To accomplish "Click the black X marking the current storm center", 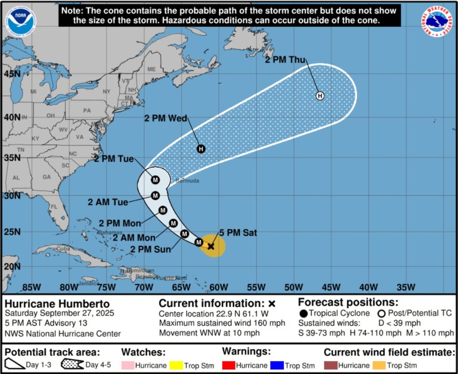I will [211, 246].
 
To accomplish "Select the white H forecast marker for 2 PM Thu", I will [320, 96].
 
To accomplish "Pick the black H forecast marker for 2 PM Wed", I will [201, 149].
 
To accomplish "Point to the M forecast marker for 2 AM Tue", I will [155, 195].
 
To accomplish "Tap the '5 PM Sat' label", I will [238, 233].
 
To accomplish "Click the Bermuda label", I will [188, 181].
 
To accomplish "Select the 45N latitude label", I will [11, 73].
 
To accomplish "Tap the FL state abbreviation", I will [54, 207].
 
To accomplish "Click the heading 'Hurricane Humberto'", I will [57, 304].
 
